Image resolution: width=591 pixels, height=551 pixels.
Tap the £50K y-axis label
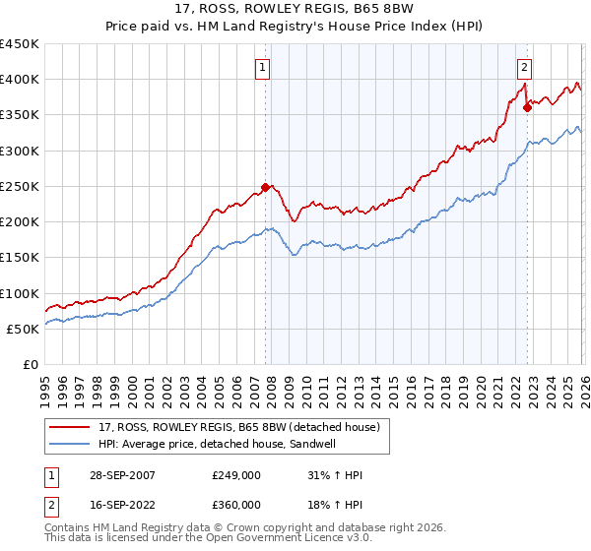(24, 330)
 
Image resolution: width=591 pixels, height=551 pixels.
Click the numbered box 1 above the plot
(264, 68)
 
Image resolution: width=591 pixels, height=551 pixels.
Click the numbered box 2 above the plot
(524, 68)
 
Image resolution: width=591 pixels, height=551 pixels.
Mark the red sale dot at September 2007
(265, 187)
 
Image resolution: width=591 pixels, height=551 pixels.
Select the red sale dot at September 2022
(527, 107)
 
